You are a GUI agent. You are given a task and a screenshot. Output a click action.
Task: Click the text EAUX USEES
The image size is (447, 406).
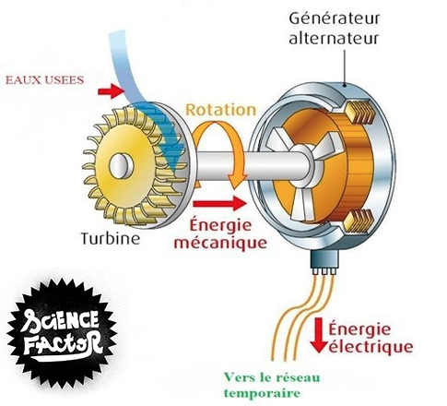[x=45, y=80]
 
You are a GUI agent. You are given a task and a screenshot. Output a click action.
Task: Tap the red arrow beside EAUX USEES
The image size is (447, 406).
[x=111, y=91]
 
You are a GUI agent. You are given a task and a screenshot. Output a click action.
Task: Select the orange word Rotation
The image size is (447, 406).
[x=221, y=110]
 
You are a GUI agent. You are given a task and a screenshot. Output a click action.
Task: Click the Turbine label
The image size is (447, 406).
[x=110, y=238]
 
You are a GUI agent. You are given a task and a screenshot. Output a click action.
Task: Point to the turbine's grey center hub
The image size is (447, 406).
[x=122, y=166]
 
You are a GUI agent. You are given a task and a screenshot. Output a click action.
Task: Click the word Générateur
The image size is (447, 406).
[x=335, y=18]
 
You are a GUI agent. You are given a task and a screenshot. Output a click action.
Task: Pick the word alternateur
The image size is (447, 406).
[x=334, y=39]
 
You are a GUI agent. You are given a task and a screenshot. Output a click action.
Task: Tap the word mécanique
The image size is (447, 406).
[x=220, y=244]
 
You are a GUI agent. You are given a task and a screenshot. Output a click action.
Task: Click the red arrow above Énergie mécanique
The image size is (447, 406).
[x=220, y=203]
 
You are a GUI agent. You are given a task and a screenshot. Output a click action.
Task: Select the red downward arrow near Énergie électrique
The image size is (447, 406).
[x=319, y=335]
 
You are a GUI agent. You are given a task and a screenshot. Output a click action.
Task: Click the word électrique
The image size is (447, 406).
[x=371, y=348]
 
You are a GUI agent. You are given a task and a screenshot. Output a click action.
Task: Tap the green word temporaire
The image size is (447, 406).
[x=262, y=393]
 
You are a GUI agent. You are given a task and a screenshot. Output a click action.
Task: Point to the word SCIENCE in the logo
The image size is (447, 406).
[x=60, y=320]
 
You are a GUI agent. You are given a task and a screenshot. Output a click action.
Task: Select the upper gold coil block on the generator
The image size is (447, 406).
[x=360, y=112]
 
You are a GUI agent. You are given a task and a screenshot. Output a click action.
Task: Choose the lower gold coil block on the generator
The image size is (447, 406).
[x=359, y=221]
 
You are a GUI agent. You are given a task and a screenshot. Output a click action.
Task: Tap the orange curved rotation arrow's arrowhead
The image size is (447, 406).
[x=237, y=181]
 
